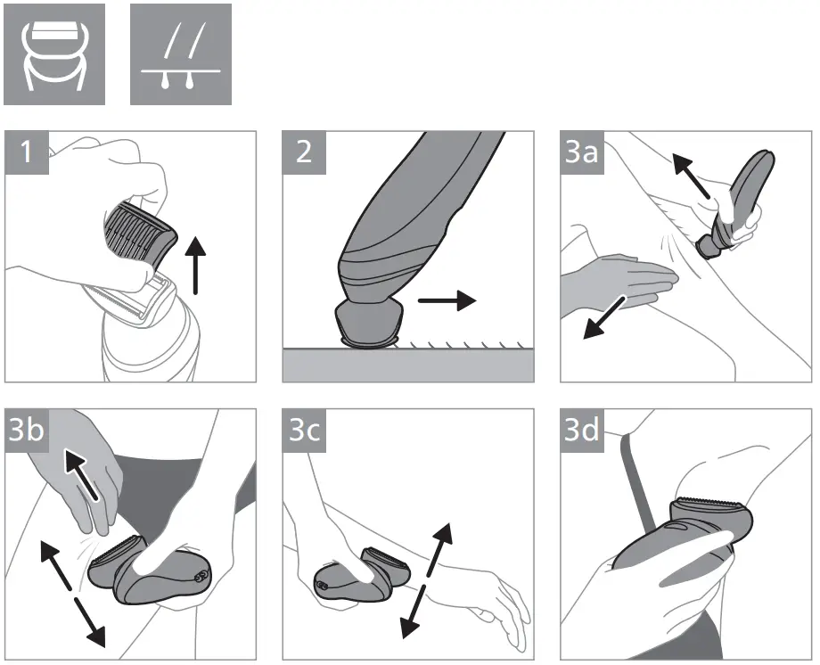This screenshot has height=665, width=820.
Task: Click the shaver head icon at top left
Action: click(x=53, y=53)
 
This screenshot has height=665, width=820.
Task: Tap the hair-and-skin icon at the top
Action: click(x=181, y=53)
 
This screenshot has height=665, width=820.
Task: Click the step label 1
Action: click(x=26, y=152)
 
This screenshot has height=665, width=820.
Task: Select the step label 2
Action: click(x=304, y=152)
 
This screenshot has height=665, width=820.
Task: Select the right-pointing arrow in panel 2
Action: click(x=447, y=301)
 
